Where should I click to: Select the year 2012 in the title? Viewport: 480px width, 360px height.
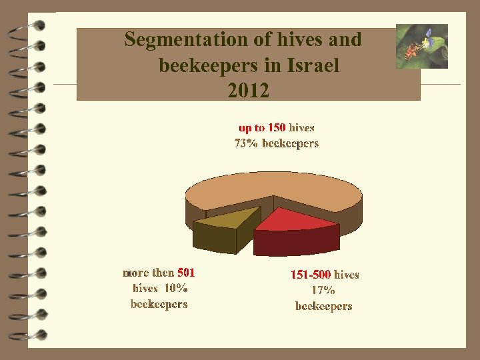pos(248,91)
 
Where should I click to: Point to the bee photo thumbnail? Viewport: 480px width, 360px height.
pos(421,46)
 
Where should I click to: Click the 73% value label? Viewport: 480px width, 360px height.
pos(246,143)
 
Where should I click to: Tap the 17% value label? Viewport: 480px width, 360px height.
pos(323,290)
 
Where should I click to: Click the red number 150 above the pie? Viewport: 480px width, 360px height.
pos(277,127)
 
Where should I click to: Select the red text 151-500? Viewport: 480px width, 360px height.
pos(310,274)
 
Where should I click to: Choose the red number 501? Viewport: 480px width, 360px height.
pos(186,272)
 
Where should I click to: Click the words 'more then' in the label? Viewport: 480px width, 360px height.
pos(148,272)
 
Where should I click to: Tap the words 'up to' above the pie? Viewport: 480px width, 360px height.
pos(252,127)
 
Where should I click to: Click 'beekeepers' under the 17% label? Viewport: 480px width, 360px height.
pos(323,306)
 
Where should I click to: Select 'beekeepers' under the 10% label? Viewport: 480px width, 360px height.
pos(159,304)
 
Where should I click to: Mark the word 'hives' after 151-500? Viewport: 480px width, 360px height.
pos(346,274)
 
